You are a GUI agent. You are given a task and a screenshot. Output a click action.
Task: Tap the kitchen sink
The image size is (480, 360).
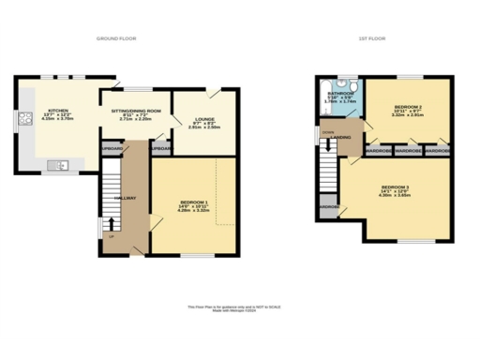(x=59, y=166)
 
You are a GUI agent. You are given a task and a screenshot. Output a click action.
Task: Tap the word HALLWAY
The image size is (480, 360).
(x=127, y=198)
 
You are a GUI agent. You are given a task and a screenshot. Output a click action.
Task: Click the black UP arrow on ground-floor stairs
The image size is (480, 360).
(x=112, y=223)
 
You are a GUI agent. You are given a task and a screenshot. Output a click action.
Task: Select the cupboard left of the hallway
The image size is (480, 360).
(x=112, y=149)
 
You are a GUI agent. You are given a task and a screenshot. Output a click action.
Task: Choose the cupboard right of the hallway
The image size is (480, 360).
(x=160, y=149)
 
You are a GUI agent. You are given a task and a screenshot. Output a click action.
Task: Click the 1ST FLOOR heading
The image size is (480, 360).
(x=371, y=38)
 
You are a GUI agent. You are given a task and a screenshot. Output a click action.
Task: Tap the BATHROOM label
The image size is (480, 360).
(x=339, y=94)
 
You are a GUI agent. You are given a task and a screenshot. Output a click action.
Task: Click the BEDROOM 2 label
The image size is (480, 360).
(x=407, y=108)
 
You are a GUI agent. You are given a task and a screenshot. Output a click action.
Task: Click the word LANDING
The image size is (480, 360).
(x=342, y=138)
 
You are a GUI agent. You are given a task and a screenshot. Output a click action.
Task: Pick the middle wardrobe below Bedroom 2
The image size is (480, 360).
(x=408, y=150)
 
